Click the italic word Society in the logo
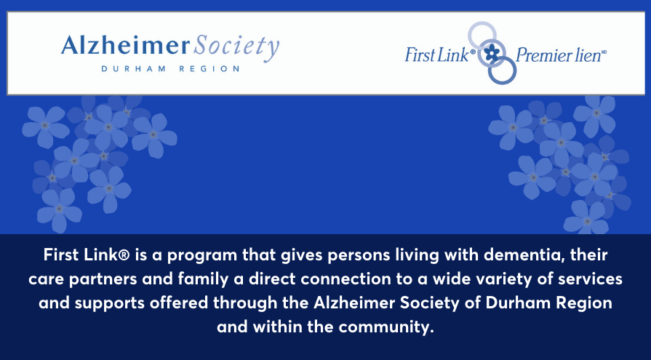[235, 49]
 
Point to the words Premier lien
[558, 55]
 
